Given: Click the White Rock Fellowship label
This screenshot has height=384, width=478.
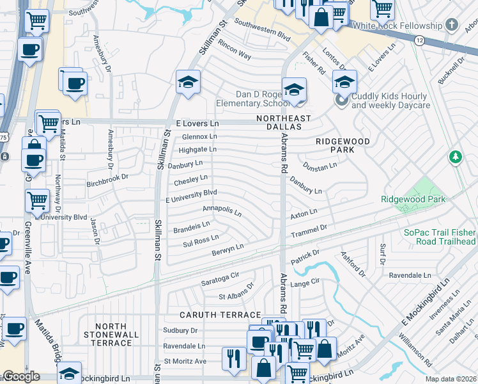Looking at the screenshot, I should point(397,26).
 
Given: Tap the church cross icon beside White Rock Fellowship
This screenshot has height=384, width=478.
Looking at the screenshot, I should point(452,26).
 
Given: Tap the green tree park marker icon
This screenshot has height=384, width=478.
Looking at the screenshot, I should point(455,156).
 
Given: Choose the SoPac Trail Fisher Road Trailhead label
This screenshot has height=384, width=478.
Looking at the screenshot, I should point(440,237).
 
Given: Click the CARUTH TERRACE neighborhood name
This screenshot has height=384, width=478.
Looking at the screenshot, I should point(218,315).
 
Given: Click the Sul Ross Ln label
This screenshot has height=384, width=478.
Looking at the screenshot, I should point(201,242).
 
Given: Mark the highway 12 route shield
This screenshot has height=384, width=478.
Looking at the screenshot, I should point(419,40).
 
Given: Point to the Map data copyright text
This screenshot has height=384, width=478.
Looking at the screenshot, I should point(451,379).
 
